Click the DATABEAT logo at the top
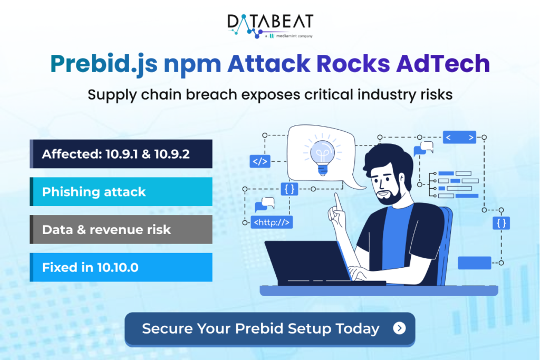[270, 22]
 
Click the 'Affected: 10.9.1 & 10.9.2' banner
[121, 154]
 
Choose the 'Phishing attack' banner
[121, 192]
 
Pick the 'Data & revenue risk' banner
[121, 230]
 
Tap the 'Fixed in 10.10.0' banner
[121, 267]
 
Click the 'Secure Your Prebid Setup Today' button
[269, 329]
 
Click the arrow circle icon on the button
[400, 329]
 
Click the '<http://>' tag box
[272, 222]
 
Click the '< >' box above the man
[459, 138]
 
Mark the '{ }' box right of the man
[502, 223]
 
